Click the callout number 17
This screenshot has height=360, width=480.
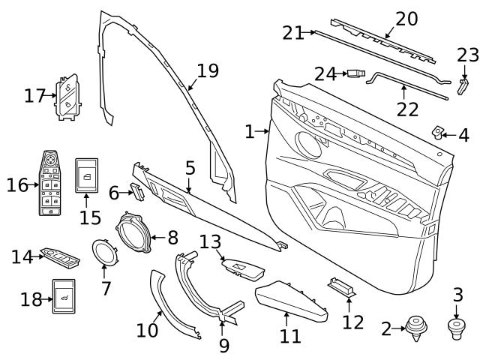[x=34, y=96]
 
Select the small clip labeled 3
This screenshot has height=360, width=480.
[x=455, y=328]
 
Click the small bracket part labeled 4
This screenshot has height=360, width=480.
[x=438, y=133]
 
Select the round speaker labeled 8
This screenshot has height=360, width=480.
[x=136, y=234]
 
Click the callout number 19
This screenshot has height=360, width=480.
[x=207, y=71]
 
